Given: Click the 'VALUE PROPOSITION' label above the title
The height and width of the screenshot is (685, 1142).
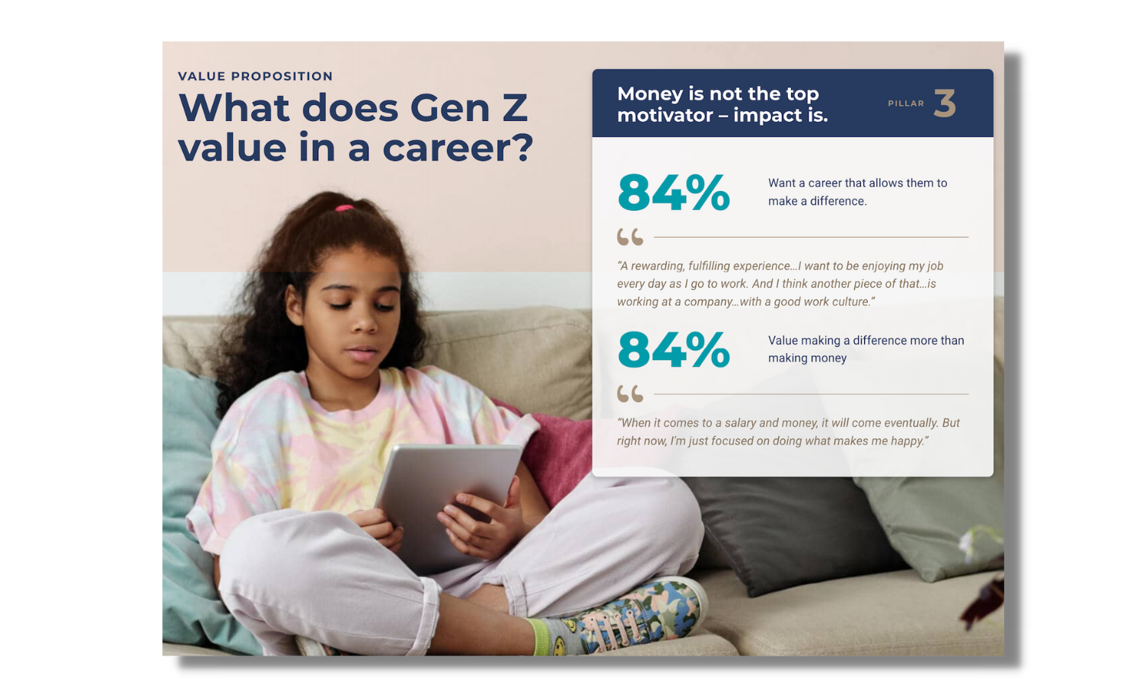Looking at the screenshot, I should click(255, 76).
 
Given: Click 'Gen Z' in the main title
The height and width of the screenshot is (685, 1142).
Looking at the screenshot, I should click(468, 108).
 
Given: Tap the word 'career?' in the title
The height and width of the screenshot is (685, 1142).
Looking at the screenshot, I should click(458, 148).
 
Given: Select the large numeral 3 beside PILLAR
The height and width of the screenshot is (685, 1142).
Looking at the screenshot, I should click(945, 104).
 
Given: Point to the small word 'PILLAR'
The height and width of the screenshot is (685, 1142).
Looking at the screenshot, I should click(906, 104).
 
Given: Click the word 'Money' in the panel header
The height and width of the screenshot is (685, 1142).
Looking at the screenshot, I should click(649, 94).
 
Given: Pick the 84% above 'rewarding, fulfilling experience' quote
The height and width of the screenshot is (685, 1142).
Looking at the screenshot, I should click(674, 193).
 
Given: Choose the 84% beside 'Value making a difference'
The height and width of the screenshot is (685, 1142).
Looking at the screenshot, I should click(674, 349).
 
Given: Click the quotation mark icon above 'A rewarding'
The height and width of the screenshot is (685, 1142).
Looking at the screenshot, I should click(630, 237).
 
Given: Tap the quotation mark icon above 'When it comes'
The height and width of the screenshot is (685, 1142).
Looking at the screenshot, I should click(630, 394).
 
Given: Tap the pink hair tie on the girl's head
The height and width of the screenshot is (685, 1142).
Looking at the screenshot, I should click(344, 207).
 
